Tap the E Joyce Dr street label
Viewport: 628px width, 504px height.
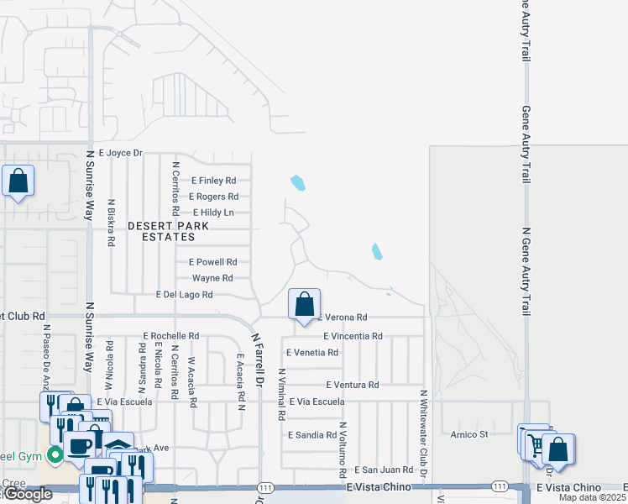[121, 153]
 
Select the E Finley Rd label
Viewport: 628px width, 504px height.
[214, 181]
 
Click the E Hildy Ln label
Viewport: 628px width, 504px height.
[212, 213]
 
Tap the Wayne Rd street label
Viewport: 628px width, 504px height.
[212, 278]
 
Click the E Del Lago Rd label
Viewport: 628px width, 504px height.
[185, 295]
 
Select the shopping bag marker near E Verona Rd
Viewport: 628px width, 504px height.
[305, 305]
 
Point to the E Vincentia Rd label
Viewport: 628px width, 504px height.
[353, 336]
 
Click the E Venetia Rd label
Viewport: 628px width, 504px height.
[312, 353]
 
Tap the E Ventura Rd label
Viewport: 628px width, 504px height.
[351, 385]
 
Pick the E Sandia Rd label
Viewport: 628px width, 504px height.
[312, 435]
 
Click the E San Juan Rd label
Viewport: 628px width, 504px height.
[384, 470]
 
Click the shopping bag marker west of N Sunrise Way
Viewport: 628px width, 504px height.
[18, 181]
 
